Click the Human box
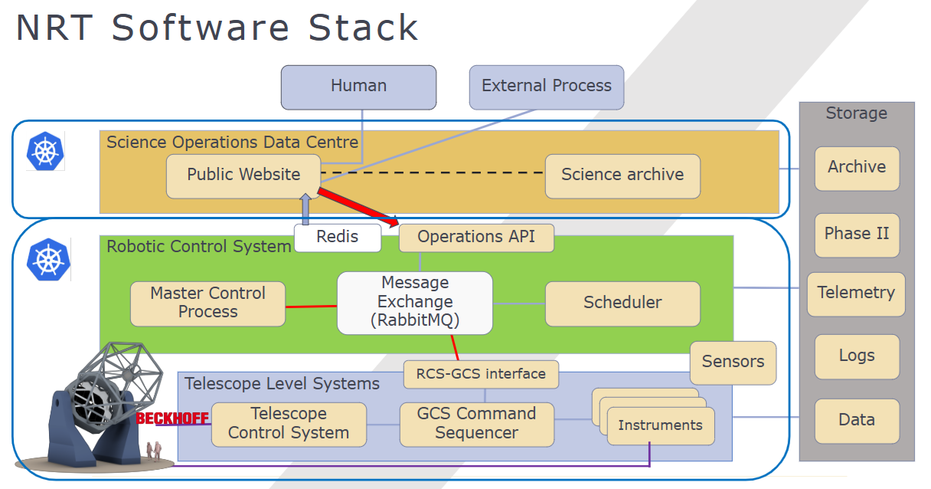[x=358, y=87]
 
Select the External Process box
[x=547, y=86]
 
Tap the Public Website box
[x=243, y=176]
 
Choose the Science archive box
[x=622, y=176]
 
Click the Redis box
[x=338, y=238]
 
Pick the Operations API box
[x=476, y=238]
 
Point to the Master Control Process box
[x=207, y=303]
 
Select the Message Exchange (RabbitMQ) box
[x=415, y=303]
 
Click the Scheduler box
[x=622, y=303]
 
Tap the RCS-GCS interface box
[x=481, y=375]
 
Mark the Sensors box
[x=733, y=362]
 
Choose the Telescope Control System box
[x=289, y=424]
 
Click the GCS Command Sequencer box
[x=476, y=424]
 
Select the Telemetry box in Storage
[x=856, y=294]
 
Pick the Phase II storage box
[x=857, y=234]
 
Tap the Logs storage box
[x=857, y=356]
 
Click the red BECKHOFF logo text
[x=172, y=418]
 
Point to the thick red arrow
[x=358, y=207]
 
